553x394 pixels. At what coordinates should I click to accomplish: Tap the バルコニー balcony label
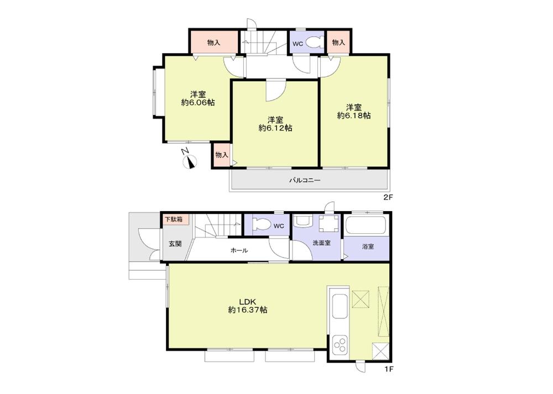click(x=305, y=180)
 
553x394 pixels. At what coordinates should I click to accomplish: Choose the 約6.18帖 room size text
click(x=354, y=115)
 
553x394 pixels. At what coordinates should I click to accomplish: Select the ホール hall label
click(x=239, y=250)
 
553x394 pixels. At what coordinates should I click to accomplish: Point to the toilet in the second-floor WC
click(x=316, y=43)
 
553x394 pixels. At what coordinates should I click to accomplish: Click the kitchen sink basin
click(x=338, y=306)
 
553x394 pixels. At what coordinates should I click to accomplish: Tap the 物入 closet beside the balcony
click(x=221, y=155)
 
